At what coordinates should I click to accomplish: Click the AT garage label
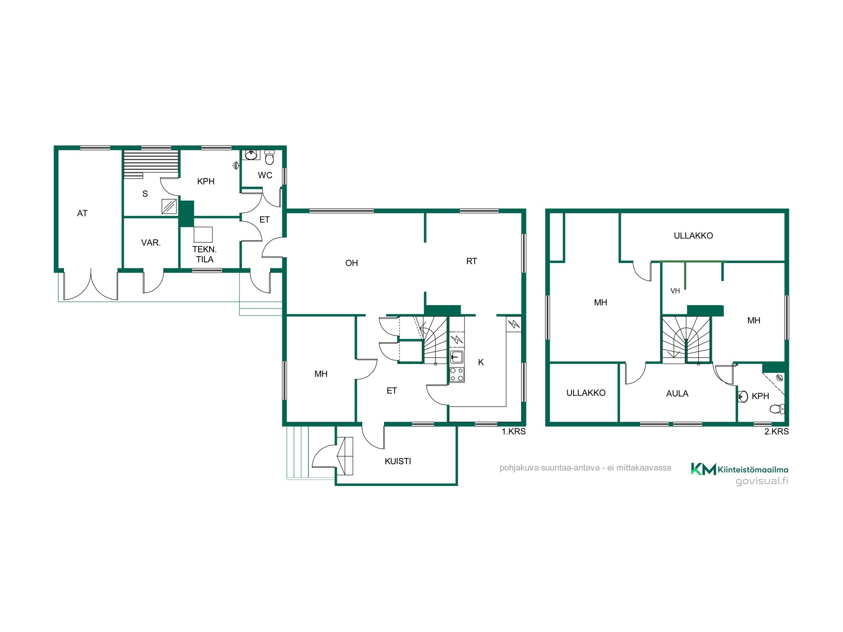click(x=82, y=213)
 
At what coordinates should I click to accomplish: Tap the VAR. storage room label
click(x=151, y=243)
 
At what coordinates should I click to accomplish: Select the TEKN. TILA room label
click(x=204, y=254)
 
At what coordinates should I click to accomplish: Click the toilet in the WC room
click(x=269, y=158)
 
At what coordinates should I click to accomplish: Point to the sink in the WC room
click(x=251, y=155)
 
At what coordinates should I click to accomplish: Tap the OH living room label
click(x=352, y=263)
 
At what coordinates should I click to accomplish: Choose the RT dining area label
click(x=472, y=261)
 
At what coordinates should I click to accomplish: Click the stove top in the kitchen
click(x=457, y=374)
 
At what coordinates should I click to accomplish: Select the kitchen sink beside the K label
click(x=457, y=357)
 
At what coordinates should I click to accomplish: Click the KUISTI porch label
click(x=398, y=461)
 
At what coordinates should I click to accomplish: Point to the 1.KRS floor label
click(x=513, y=431)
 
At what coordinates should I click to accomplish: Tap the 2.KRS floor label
click(x=776, y=431)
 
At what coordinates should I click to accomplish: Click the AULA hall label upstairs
click(x=677, y=394)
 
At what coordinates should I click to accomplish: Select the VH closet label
click(x=675, y=291)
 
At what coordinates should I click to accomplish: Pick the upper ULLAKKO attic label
click(x=693, y=236)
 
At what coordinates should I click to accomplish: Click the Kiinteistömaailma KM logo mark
click(x=703, y=469)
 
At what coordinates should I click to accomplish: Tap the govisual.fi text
click(x=762, y=481)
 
